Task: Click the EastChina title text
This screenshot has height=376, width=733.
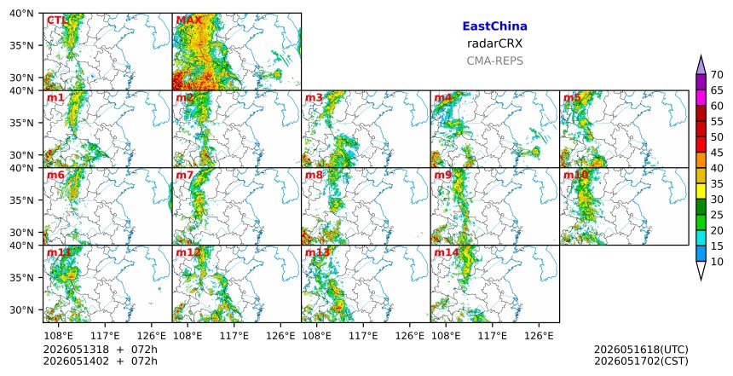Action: click(494, 26)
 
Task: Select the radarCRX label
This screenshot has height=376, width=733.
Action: click(494, 43)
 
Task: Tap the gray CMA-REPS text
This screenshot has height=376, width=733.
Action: click(494, 61)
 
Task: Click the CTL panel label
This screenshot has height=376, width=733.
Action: click(56, 20)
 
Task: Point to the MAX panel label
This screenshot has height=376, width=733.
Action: click(189, 20)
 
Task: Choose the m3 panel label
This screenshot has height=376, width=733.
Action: click(314, 98)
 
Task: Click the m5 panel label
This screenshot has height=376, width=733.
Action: click(572, 98)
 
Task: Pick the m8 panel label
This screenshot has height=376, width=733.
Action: click(314, 176)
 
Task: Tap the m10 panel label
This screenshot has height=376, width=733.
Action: click(575, 176)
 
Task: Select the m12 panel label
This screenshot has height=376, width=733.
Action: click(188, 252)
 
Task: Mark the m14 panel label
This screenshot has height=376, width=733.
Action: click(447, 252)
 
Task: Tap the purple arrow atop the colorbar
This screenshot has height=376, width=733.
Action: click(701, 65)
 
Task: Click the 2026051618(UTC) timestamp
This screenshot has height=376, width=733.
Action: click(641, 350)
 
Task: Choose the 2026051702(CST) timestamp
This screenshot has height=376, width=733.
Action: click(641, 361)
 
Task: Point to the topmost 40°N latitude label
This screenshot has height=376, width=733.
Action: click(21, 14)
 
